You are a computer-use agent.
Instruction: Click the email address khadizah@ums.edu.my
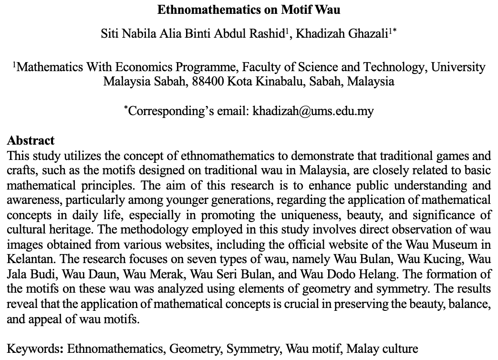[313, 111]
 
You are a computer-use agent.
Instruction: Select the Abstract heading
[31, 141]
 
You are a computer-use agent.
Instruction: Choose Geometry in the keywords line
[196, 349]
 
